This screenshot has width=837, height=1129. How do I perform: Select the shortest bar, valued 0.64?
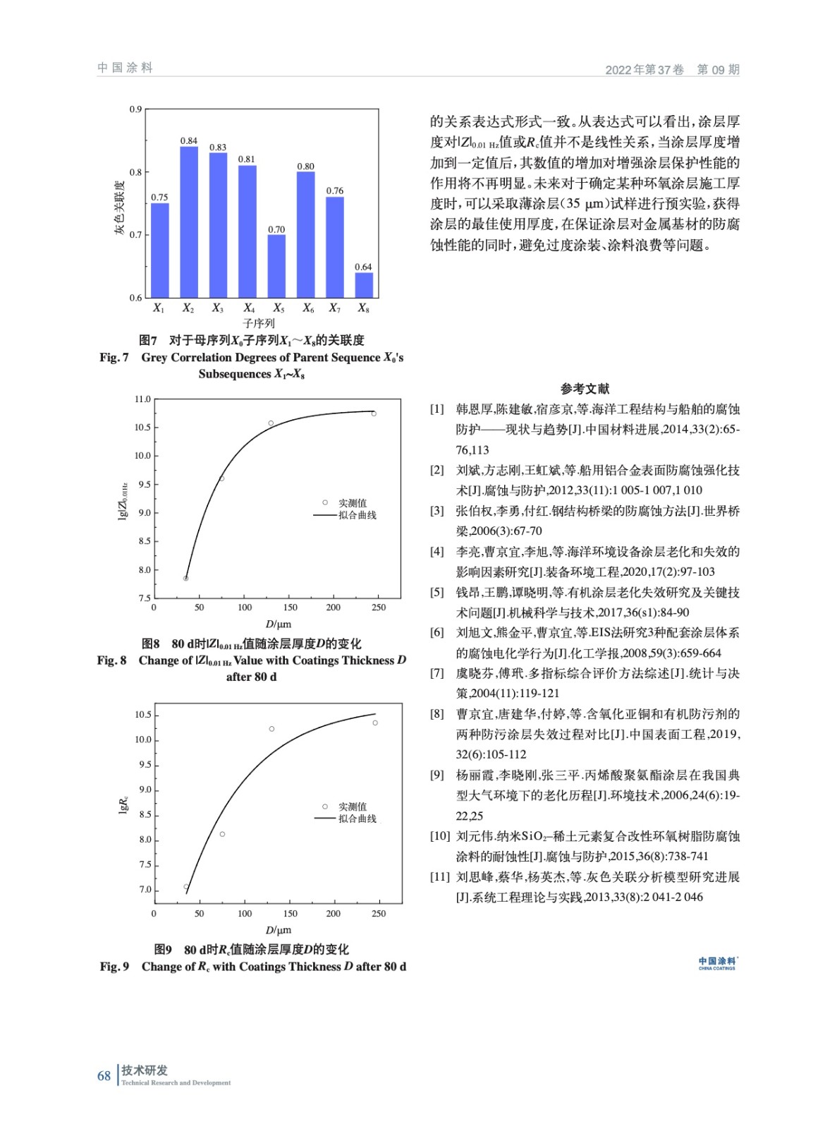point(363,284)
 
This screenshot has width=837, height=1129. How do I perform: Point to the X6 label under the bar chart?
point(308,308)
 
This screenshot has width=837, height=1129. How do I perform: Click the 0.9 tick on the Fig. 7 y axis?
point(135,109)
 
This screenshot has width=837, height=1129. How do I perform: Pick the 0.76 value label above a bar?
point(335,191)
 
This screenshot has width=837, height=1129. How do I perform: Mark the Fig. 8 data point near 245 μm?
point(374,413)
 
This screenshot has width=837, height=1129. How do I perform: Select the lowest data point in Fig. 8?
point(186,579)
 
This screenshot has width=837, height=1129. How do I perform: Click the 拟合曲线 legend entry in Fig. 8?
point(357,516)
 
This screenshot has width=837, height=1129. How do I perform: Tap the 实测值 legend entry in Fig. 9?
point(352,807)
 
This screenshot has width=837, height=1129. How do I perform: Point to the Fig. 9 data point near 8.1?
point(222,834)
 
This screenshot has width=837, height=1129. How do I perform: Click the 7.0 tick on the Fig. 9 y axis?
point(145,890)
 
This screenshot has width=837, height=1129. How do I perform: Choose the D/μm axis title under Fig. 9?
point(278,930)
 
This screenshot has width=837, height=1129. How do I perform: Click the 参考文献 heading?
point(585,388)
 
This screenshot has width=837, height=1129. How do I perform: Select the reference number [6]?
point(437,633)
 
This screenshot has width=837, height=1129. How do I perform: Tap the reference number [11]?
point(440,877)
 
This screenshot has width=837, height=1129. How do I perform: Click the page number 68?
point(104,1076)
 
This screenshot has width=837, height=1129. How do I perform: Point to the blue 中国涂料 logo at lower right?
point(717,963)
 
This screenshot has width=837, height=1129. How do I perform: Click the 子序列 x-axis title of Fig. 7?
point(259,324)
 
